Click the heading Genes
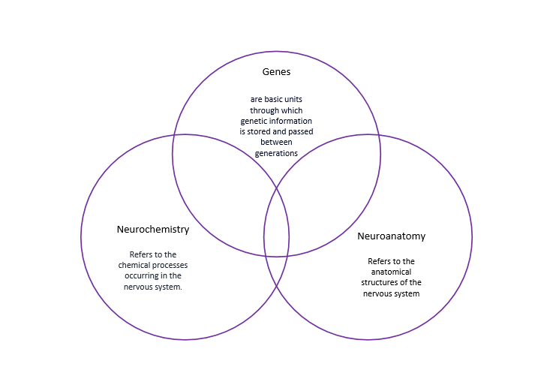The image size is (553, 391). click(x=276, y=72)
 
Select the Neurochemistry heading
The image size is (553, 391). click(x=153, y=229)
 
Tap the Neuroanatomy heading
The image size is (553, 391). click(x=391, y=236)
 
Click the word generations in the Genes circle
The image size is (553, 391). click(x=276, y=152)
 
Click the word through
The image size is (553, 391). click(x=266, y=110)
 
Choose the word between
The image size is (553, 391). click(x=276, y=142)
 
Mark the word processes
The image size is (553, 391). click(x=170, y=265)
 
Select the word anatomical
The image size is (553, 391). click(x=391, y=272)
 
